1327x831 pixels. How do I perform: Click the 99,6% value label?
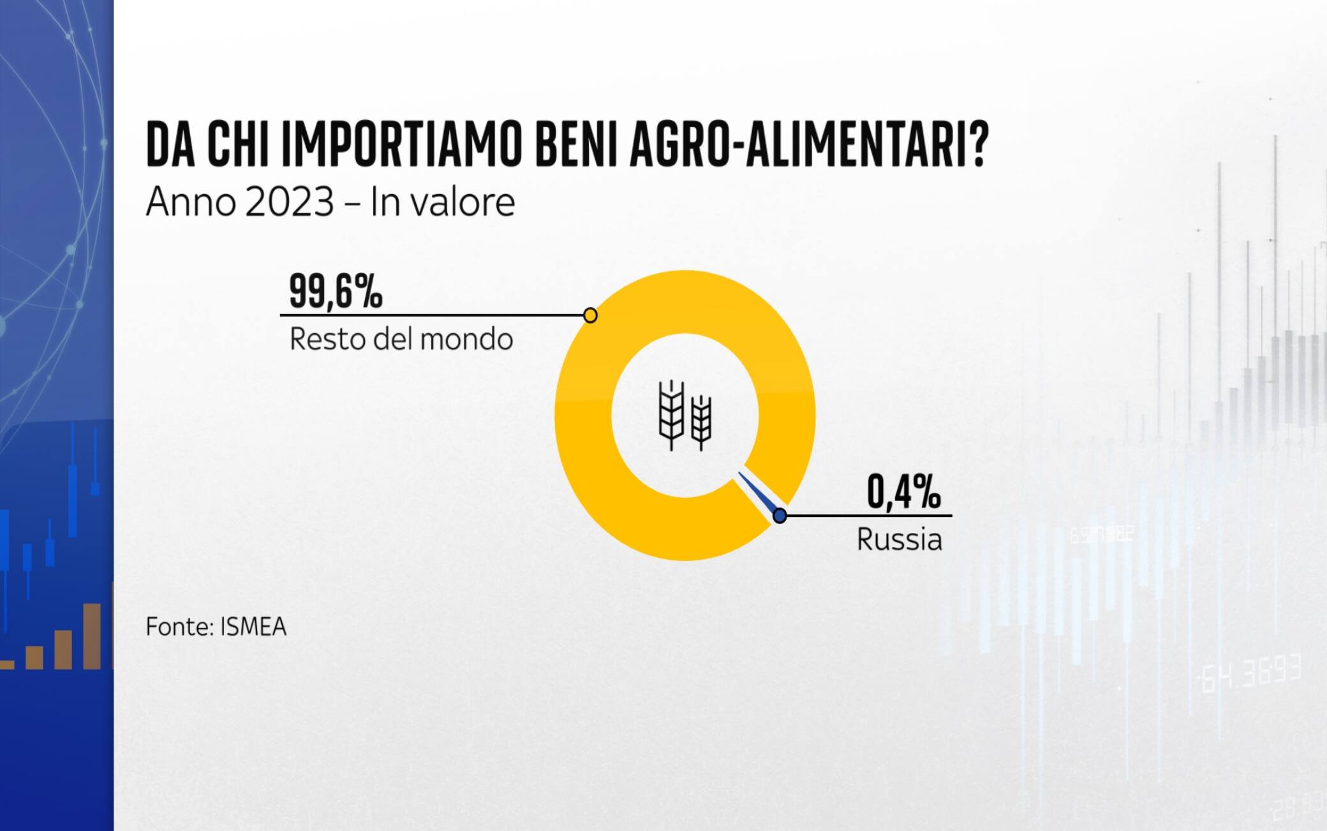[336, 291]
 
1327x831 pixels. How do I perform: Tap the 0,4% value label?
[903, 491]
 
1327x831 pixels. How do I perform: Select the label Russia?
[899, 540]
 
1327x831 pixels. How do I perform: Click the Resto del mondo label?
[401, 340]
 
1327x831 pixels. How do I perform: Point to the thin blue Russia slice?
[759, 493]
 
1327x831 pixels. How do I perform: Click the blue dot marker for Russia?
[780, 516]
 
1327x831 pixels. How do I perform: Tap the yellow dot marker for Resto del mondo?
[590, 315]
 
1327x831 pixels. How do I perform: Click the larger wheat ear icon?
[671, 415]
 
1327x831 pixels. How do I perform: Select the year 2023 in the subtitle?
[288, 202]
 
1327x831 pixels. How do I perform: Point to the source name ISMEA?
[253, 627]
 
